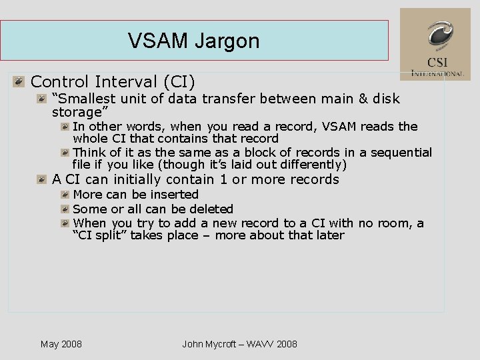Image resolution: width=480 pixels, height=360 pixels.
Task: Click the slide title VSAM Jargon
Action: (193, 41)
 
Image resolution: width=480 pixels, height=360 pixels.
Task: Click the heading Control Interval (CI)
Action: (113, 82)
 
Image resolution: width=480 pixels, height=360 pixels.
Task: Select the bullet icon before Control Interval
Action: (20, 82)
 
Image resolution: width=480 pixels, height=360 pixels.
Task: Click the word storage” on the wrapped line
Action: (79, 112)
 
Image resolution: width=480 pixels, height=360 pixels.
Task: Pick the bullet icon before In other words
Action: (65, 127)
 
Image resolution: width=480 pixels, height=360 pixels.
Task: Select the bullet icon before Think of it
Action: (65, 153)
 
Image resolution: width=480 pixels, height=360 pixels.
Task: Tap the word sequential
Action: (401, 153)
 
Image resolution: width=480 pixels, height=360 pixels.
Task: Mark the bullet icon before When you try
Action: (65, 223)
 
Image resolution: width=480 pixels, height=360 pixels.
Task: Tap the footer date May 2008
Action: (61, 344)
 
